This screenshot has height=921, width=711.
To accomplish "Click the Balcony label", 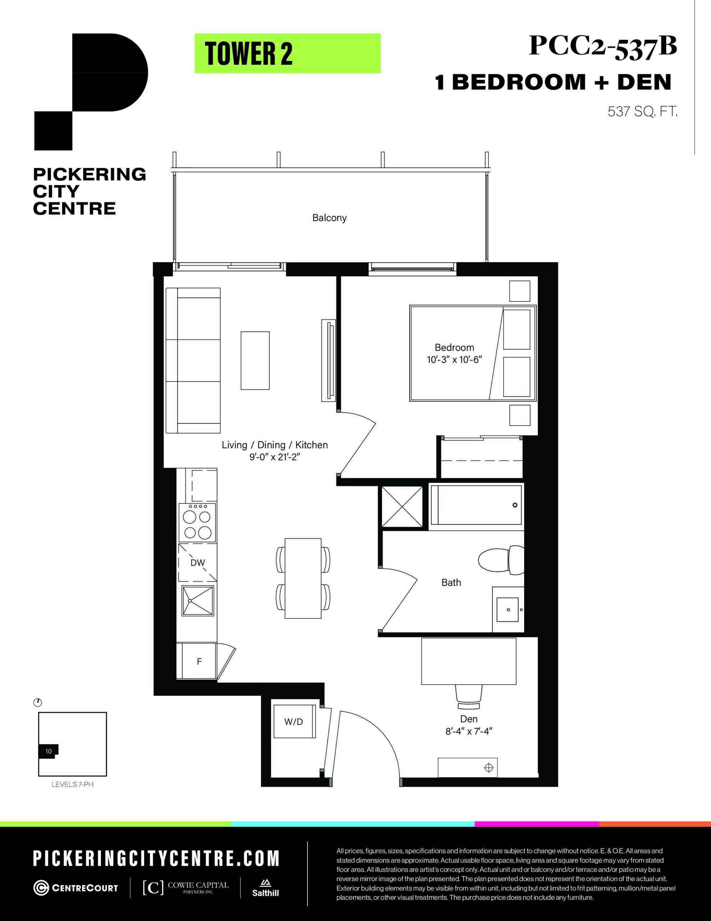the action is [329, 218].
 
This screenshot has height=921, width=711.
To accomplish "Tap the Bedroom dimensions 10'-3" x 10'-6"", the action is [454, 360].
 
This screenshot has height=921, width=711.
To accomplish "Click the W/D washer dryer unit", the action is [294, 722].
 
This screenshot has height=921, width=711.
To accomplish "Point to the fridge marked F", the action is [196, 661].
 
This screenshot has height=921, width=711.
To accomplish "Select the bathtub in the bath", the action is [476, 505].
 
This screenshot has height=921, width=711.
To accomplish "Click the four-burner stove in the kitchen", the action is [198, 522].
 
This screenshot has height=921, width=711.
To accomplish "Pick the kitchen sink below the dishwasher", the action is [198, 600].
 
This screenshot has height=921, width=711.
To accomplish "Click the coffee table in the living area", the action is [255, 360].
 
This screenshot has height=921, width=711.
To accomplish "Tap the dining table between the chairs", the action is [303, 578].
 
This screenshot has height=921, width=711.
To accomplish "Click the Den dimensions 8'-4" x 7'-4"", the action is [469, 731].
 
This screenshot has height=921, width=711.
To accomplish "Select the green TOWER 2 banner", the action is [288, 54].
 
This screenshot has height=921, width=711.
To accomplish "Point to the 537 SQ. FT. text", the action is [642, 112].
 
